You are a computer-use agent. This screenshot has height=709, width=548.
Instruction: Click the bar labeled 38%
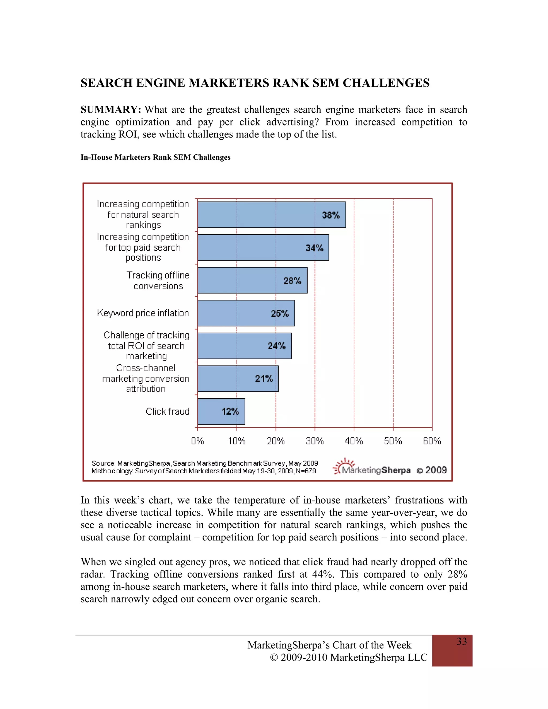[271, 215]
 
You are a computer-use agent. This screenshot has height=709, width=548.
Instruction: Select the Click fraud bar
[221, 411]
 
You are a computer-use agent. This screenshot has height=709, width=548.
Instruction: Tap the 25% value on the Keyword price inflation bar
[280, 314]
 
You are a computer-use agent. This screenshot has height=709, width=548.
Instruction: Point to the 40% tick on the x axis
[353, 441]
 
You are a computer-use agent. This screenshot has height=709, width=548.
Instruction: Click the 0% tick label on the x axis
[197, 441]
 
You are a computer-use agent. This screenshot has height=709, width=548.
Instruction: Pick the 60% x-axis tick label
[432, 441]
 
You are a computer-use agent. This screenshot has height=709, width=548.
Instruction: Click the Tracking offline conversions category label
[158, 280]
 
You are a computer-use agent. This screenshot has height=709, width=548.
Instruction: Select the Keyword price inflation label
[143, 313]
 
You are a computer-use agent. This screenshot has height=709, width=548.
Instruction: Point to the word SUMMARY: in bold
[111, 110]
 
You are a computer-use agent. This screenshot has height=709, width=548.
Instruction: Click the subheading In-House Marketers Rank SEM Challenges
[155, 157]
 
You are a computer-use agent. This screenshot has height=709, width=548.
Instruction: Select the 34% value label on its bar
[314, 248]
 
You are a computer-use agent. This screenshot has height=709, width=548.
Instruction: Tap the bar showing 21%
[238, 379]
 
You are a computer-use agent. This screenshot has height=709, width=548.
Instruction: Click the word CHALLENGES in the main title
[386, 83]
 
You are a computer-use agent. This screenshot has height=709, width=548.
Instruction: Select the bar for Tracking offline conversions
[252, 280]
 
